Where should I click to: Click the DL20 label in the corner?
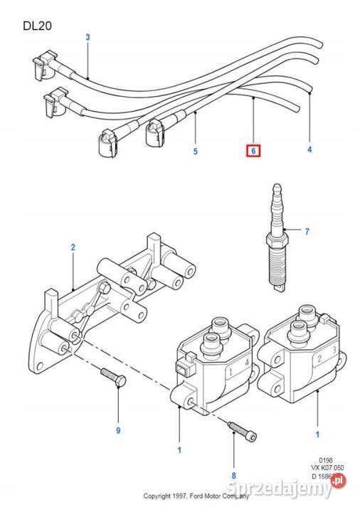[36, 26]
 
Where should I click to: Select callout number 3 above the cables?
[88, 37]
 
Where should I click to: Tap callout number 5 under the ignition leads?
[194, 151]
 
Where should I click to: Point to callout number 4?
[309, 150]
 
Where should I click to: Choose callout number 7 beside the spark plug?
[307, 232]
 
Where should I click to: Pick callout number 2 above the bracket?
[73, 247]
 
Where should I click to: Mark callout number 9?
[118, 430]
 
